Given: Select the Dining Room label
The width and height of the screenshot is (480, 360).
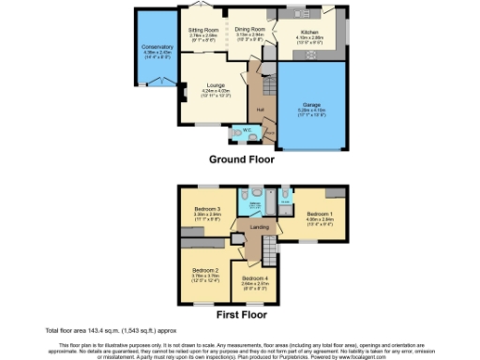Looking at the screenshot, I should point(249,29).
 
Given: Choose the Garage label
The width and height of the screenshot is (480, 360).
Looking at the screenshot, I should point(311,103).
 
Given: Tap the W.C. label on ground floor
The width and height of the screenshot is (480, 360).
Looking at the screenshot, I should point(247,129).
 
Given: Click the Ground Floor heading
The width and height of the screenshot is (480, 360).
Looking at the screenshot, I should point(241,159).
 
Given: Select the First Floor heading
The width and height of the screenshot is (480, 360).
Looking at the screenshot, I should point(241,311).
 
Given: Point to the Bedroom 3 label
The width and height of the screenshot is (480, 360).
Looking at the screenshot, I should point(207,208).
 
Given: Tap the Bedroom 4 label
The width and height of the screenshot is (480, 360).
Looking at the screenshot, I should point(254,278).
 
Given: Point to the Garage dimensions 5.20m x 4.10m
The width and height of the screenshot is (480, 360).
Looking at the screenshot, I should point(311,110).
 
